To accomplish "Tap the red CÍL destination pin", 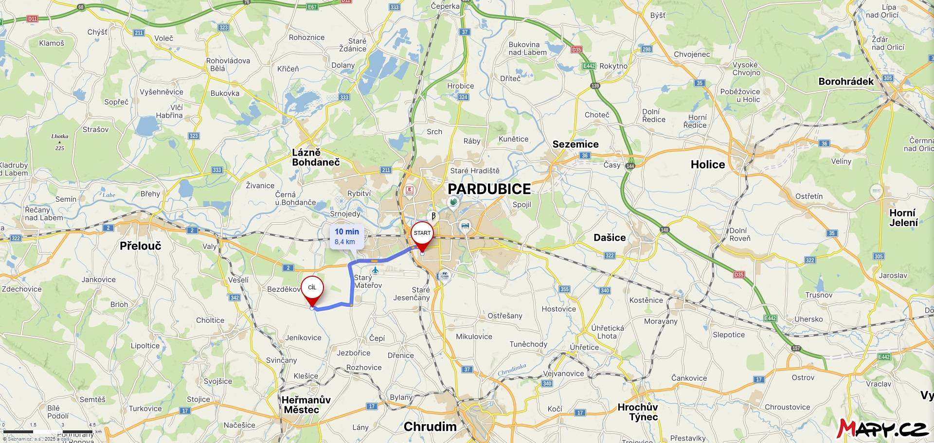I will click(x=312, y=288).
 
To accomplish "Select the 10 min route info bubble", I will click(x=347, y=236).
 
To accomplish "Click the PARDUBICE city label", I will click(x=489, y=189).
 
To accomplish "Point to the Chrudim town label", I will click(x=430, y=426).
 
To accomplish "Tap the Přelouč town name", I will click(x=140, y=246).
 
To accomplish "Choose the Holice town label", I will click(x=707, y=164).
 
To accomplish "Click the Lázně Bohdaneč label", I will click(x=315, y=158).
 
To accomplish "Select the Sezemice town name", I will click(x=575, y=144).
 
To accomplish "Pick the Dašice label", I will click(x=610, y=237).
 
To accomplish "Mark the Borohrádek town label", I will click(x=845, y=81).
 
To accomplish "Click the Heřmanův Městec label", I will click(x=305, y=405).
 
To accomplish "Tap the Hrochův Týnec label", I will click(x=637, y=412).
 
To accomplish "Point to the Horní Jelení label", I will click(x=903, y=218).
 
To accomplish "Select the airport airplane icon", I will click(x=375, y=270).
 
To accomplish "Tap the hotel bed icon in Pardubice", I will click(x=466, y=226).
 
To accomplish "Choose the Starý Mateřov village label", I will click(x=367, y=282).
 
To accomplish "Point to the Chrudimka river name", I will click(x=512, y=370).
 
